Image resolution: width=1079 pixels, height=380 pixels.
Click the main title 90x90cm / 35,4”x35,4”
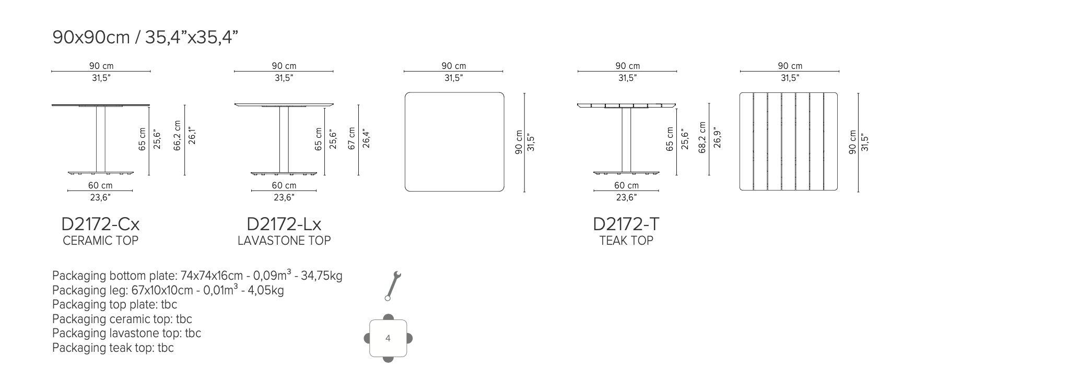pyautogui.click(x=145, y=38)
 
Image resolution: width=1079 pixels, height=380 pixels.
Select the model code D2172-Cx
pyautogui.click(x=100, y=224)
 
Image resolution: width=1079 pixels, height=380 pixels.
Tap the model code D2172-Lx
pyautogui.click(x=284, y=224)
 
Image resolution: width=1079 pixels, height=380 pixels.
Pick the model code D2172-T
pyautogui.click(x=626, y=224)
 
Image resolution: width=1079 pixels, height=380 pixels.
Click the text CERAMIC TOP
pyautogui.click(x=100, y=241)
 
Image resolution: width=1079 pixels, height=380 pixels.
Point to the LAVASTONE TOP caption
pyautogui.click(x=284, y=241)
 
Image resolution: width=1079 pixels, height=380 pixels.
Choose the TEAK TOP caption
pyautogui.click(x=626, y=241)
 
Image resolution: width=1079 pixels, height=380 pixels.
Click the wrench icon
pyautogui.click(x=393, y=285)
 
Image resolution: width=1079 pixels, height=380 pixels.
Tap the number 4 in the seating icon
pyautogui.click(x=388, y=338)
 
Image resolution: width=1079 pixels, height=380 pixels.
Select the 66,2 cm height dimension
pyautogui.click(x=177, y=136)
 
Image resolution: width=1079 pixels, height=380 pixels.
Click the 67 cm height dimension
pyautogui.click(x=351, y=138)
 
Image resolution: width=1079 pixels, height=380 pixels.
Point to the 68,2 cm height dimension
pyautogui.click(x=702, y=137)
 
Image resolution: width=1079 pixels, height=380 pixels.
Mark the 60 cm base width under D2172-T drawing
pyautogui.click(x=626, y=185)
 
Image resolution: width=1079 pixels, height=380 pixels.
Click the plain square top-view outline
pyautogui.click(x=454, y=141)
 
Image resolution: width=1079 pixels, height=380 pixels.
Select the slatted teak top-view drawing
pyautogui.click(x=789, y=141)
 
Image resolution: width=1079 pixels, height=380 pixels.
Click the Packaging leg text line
pyautogui.click(x=168, y=290)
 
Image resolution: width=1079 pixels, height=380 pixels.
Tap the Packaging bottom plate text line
pyautogui.click(x=197, y=276)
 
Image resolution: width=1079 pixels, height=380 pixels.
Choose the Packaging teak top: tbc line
pyautogui.click(x=113, y=348)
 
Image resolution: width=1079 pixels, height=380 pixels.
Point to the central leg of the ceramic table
pyautogui.click(x=100, y=139)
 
